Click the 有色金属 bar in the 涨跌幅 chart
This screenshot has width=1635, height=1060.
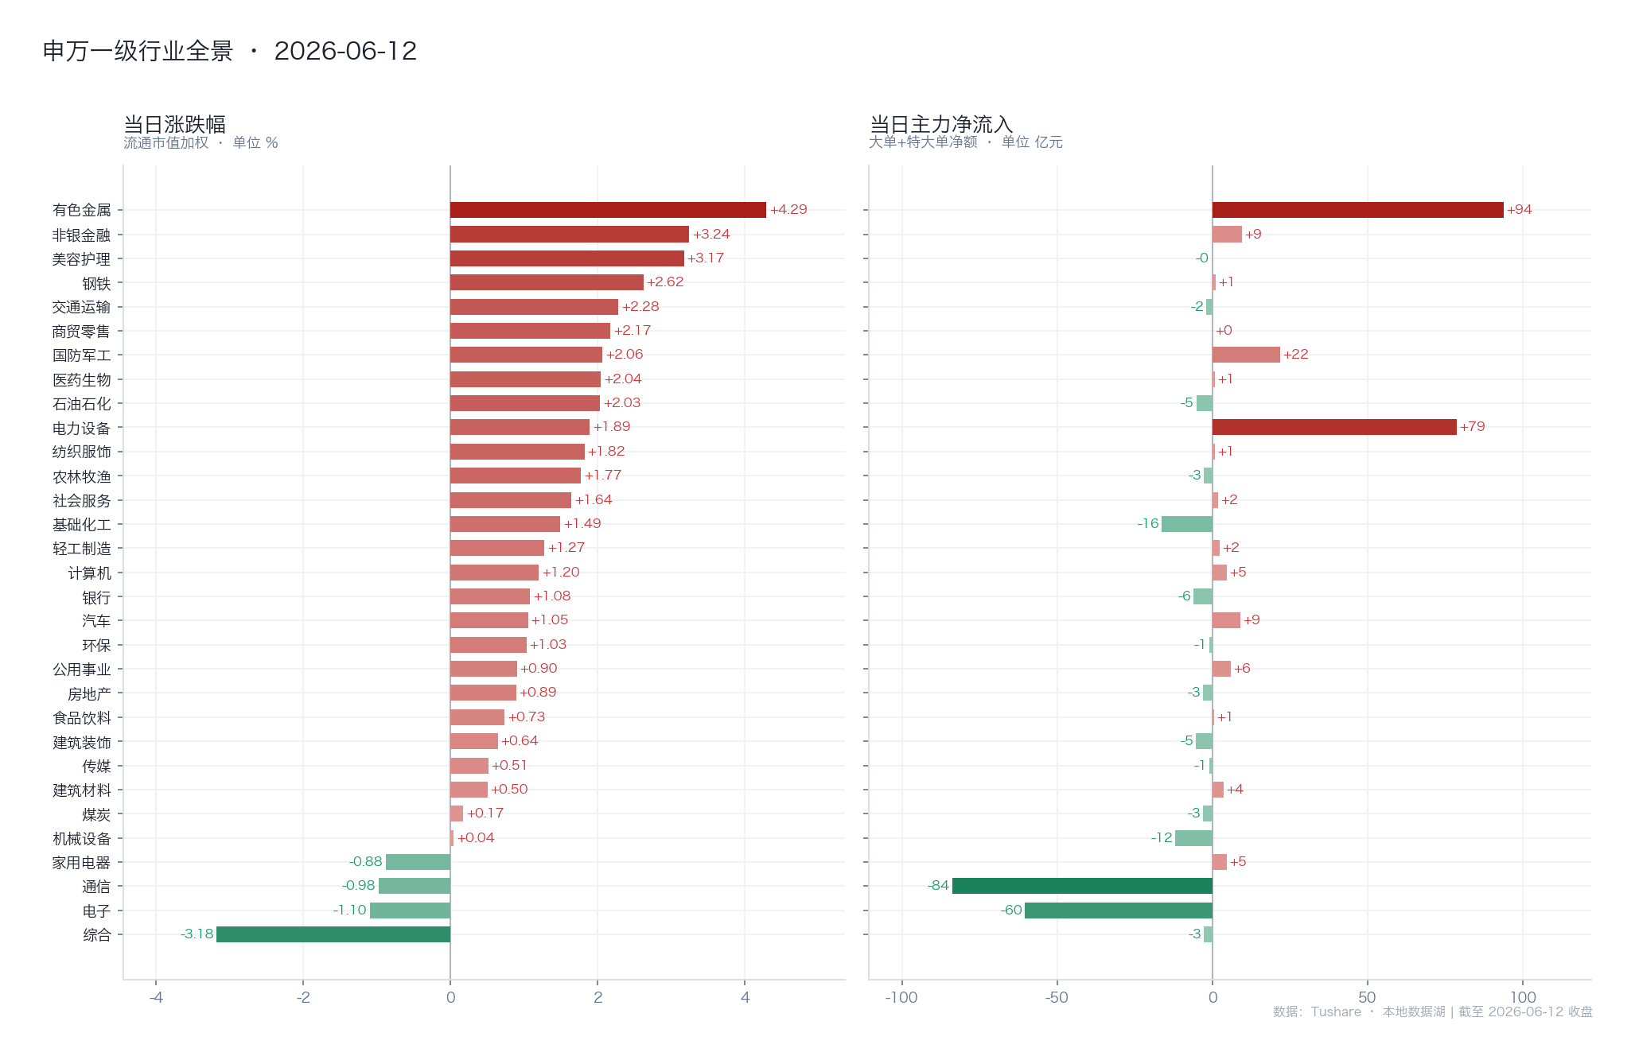(x=608, y=210)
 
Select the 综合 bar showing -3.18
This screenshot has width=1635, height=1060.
(x=333, y=934)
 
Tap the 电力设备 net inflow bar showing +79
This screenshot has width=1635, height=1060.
(x=1334, y=427)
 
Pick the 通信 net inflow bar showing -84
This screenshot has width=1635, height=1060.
(x=1082, y=886)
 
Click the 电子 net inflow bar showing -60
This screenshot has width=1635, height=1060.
(x=1119, y=911)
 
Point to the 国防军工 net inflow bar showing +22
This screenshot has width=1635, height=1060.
(x=1246, y=355)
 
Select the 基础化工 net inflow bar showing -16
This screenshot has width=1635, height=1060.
(x=1187, y=524)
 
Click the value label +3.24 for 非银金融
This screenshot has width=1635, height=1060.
(x=711, y=235)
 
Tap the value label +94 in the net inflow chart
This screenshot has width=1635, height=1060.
(x=1519, y=210)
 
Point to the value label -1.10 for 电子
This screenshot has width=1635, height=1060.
(x=350, y=911)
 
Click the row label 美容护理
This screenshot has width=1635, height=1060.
(x=81, y=259)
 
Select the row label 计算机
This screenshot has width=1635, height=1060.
(x=89, y=573)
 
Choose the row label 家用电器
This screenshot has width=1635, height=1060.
(x=81, y=863)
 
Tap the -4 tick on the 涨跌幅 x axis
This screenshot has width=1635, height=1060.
(x=156, y=998)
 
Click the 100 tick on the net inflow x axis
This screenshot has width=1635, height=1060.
(x=1523, y=997)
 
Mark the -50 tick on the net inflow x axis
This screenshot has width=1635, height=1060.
(x=1057, y=998)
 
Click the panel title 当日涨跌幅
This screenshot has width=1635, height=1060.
(x=175, y=125)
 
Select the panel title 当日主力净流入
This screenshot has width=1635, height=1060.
(x=941, y=125)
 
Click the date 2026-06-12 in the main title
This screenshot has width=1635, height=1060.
(x=345, y=51)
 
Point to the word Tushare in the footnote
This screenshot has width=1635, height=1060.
(x=1336, y=1012)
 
